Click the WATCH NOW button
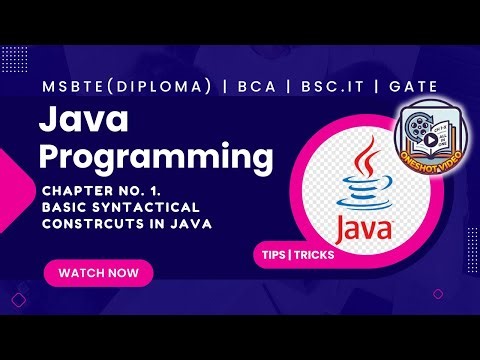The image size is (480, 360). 99,272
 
